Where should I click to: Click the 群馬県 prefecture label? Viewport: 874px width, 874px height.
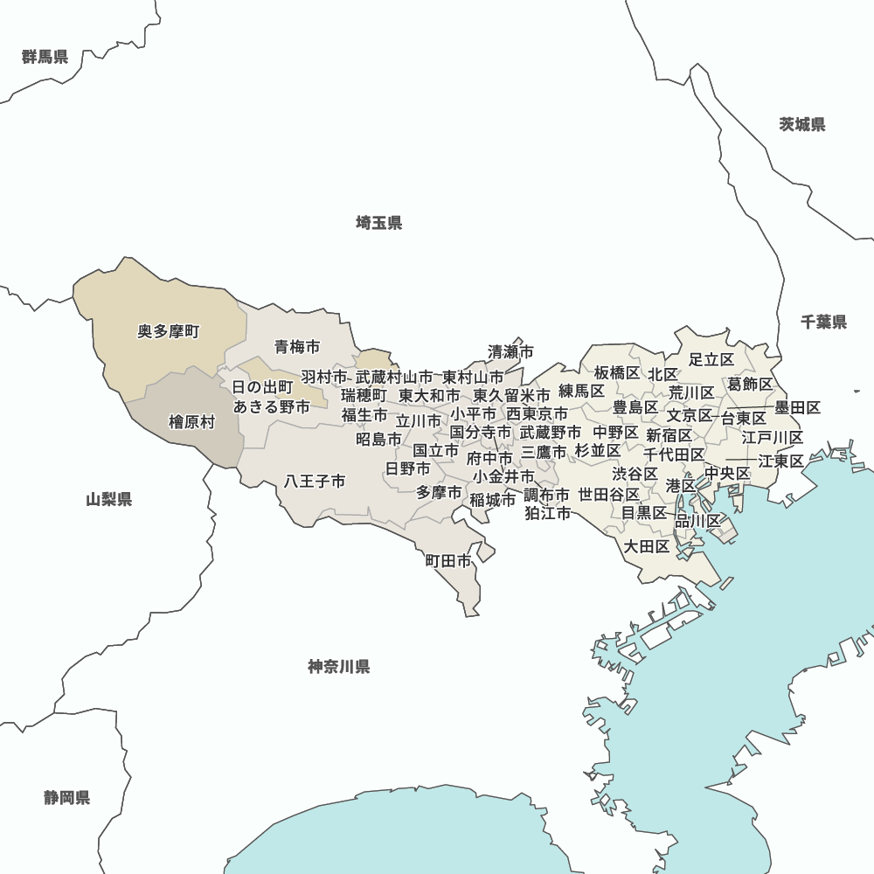[45, 58]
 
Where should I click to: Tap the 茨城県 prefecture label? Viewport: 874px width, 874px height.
[802, 124]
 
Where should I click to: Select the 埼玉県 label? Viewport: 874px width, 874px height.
[379, 223]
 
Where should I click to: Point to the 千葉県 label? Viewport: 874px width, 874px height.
[824, 323]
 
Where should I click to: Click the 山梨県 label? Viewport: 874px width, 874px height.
[109, 500]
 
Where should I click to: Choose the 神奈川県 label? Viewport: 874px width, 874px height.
[339, 667]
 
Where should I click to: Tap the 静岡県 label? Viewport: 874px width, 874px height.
[67, 797]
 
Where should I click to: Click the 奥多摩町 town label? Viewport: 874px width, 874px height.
[169, 332]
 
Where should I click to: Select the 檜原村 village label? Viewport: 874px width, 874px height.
[191, 422]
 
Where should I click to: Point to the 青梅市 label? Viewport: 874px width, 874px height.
[297, 347]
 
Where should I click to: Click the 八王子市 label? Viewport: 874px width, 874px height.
[315, 482]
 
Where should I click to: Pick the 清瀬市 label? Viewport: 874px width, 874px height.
[510, 352]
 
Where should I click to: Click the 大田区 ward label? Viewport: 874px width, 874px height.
[647, 546]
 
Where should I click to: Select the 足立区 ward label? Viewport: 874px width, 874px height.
[711, 359]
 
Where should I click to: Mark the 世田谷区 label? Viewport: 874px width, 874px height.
[609, 495]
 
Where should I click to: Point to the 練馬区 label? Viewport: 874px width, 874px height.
[582, 391]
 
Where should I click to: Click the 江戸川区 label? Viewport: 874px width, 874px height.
[773, 437]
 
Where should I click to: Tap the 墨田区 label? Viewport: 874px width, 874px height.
[798, 407]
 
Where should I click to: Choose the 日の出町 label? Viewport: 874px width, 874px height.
[262, 386]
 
